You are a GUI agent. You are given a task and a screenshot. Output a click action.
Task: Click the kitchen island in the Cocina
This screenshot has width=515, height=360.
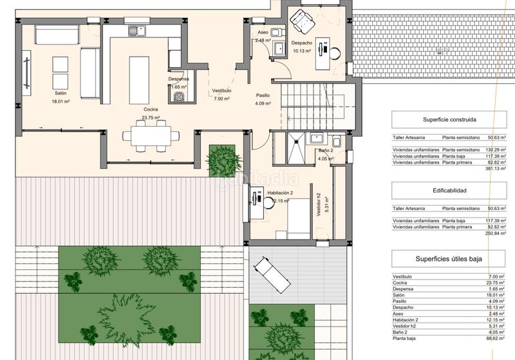coord(139,80)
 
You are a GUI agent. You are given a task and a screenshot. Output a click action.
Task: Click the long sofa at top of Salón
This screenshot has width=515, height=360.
coord(57,35)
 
